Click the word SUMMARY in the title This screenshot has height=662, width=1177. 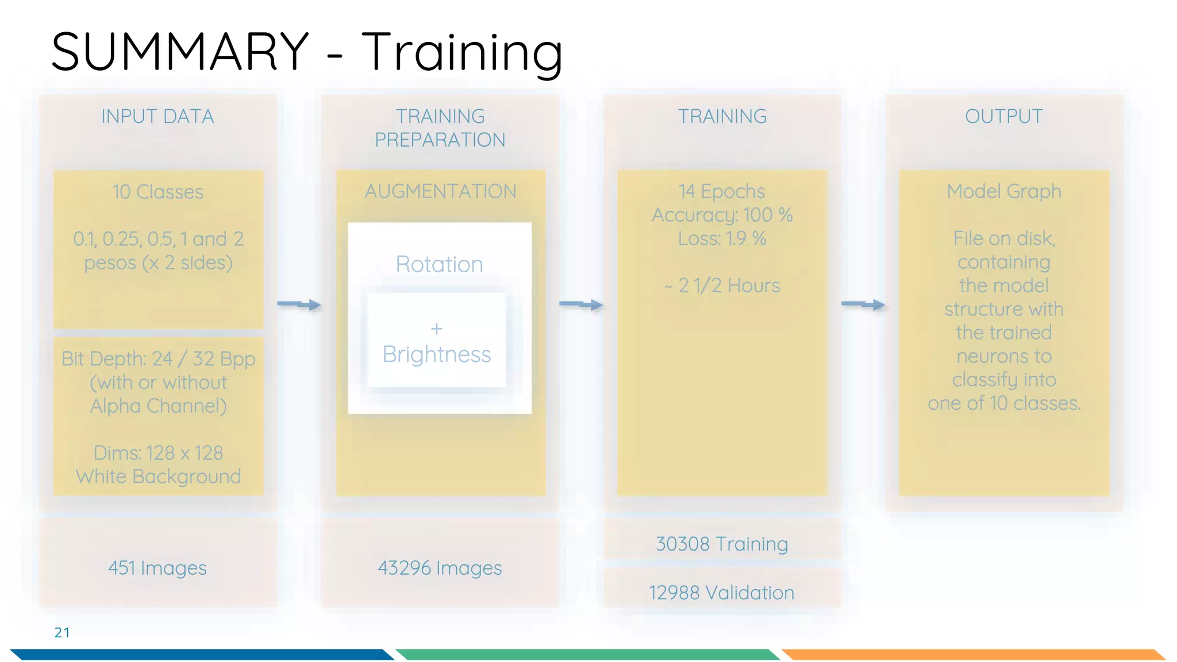coord(180,52)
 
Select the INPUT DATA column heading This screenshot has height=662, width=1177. coord(157,117)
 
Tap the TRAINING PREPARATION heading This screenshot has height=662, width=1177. coord(440,128)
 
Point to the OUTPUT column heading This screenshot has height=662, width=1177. coord(1003,117)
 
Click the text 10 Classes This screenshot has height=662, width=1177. coord(158,192)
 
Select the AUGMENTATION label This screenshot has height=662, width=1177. coord(440,191)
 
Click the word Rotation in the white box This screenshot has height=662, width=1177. coord(440,264)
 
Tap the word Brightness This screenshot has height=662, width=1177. coord(437,355)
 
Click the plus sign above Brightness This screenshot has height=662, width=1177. coord(437,329)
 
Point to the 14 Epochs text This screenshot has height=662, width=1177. coord(722,191)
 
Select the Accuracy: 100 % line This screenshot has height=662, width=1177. coord(722,215)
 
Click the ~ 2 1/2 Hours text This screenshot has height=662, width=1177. coord(722,286)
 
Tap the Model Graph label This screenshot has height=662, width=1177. coord(1003,191)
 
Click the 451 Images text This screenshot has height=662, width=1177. coord(157,568)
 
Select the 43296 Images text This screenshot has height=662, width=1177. coord(440,568)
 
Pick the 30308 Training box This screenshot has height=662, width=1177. coord(722,544)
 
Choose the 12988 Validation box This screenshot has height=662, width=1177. coord(722,592)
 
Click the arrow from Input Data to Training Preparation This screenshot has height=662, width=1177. coord(299,305)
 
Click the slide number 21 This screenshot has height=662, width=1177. coord(62,633)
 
